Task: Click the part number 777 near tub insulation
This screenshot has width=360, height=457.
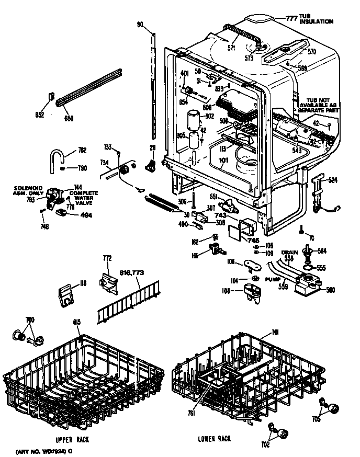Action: coord(291,17)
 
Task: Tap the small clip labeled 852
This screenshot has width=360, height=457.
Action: coord(52,96)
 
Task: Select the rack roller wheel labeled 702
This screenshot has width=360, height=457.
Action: coord(284,432)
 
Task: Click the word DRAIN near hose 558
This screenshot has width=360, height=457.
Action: coord(289,252)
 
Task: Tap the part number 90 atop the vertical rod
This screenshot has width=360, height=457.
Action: coord(140,25)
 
